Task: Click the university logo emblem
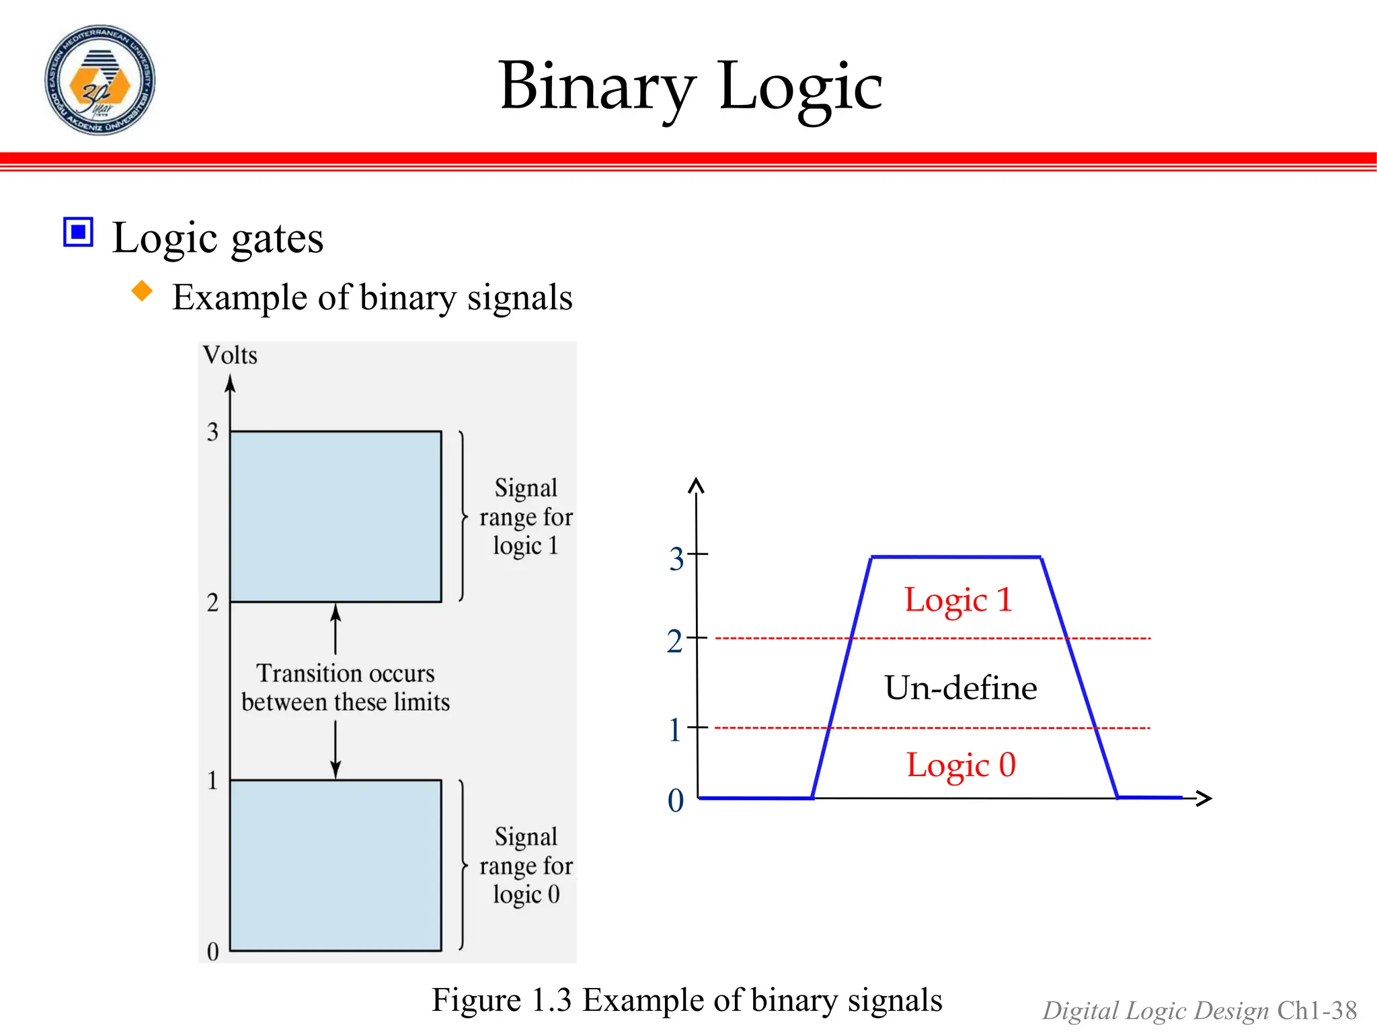[100, 80]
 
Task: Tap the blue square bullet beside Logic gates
[78, 233]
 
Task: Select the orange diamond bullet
[142, 291]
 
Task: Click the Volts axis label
[230, 355]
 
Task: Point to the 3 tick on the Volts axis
[213, 432]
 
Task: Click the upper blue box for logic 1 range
[336, 516]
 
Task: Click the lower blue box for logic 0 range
[336, 865]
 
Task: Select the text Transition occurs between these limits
[346, 687]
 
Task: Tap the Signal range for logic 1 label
[526, 516]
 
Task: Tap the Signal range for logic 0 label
[526, 866]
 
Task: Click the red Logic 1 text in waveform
[958, 599]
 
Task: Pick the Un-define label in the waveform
[961, 688]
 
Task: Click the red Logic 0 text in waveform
[961, 765]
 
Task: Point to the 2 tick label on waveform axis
[674, 642]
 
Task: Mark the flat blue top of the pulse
[956, 557]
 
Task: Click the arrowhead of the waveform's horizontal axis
[1204, 798]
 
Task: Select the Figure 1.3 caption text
[686, 1000]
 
